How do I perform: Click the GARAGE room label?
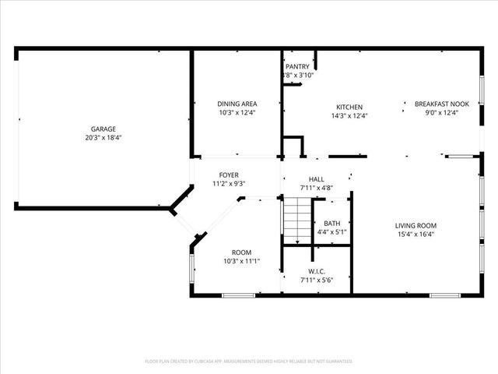click(103, 129)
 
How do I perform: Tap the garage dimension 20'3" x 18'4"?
click(103, 137)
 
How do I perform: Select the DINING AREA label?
click(237, 104)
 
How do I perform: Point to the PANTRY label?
click(297, 67)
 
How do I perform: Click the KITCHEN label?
click(349, 108)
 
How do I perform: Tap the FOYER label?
click(228, 175)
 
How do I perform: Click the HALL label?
click(316, 179)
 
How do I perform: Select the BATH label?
click(332, 223)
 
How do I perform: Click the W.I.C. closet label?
click(316, 271)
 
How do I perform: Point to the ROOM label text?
click(241, 252)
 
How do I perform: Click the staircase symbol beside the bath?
click(296, 220)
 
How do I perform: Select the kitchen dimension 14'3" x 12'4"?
click(349, 116)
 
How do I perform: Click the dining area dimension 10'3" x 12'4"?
click(237, 112)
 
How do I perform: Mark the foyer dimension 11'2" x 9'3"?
click(228, 184)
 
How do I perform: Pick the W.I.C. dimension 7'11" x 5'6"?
click(316, 280)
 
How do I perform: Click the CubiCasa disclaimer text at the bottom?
click(249, 362)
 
